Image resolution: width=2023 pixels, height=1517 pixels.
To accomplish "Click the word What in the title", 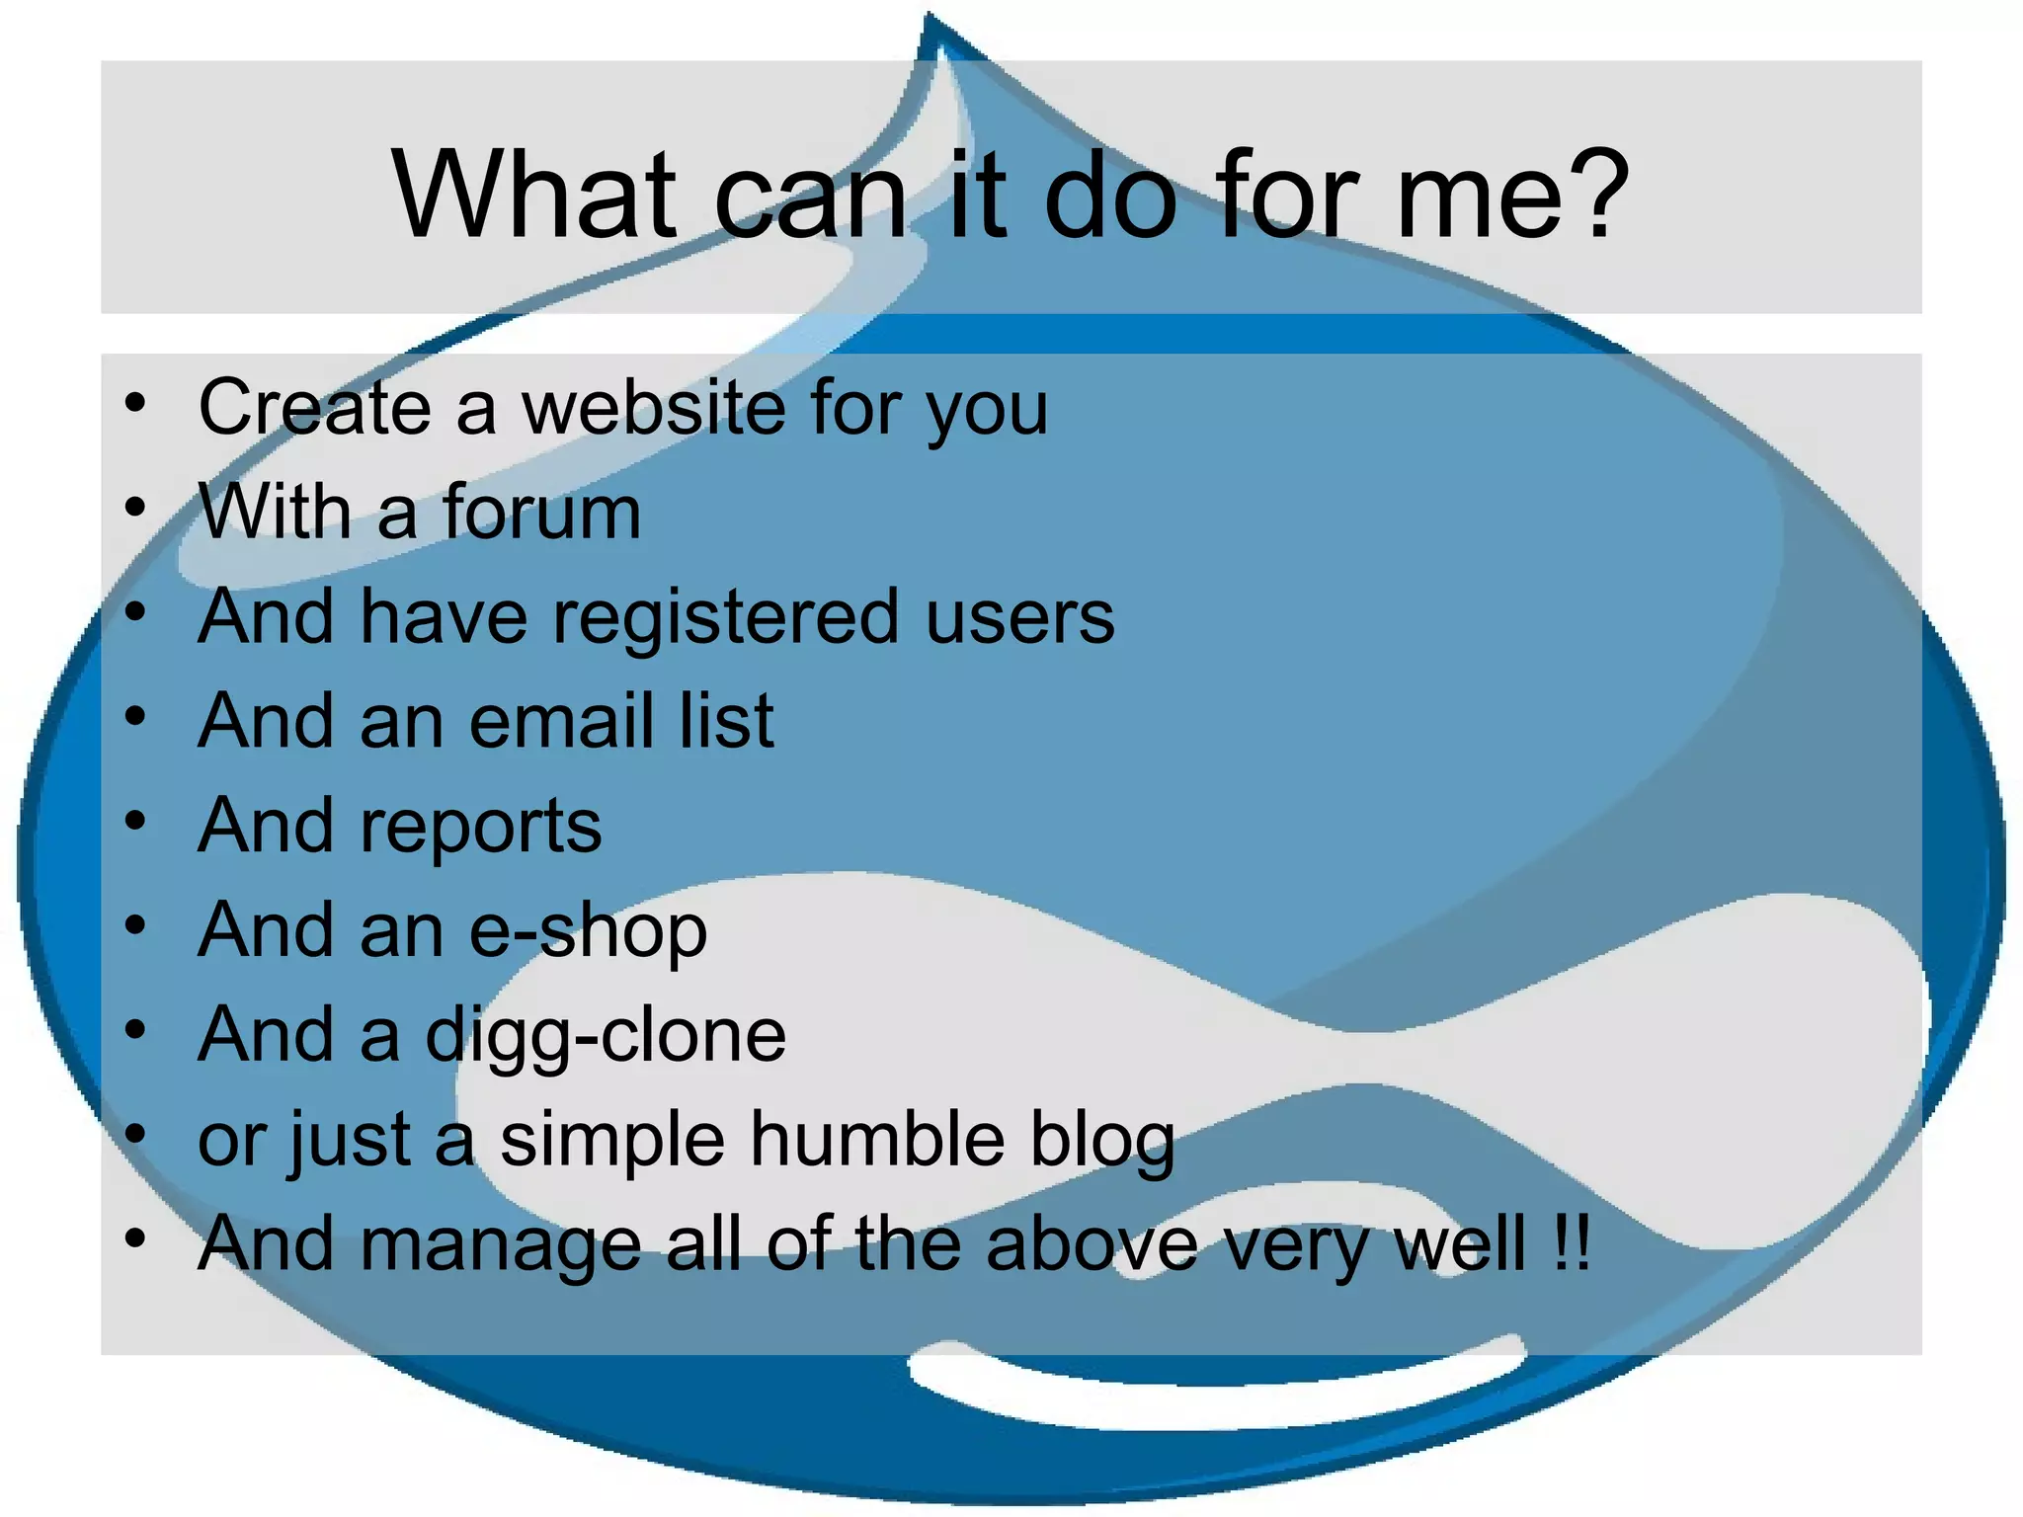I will [x=534, y=195].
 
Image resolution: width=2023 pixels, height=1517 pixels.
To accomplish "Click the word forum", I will [x=541, y=512].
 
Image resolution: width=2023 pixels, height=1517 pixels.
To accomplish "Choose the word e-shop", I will [x=588, y=931].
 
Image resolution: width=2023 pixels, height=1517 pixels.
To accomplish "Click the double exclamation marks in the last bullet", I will [x=1572, y=1244].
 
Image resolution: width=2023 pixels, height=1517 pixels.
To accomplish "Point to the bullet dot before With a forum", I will [x=135, y=509].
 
